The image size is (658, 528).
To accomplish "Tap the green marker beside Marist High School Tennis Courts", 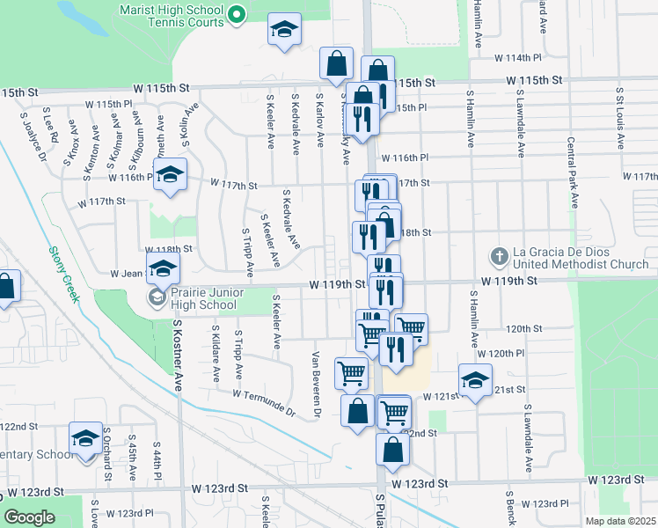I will point(236,15).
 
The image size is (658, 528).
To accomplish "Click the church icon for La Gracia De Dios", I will point(499,257).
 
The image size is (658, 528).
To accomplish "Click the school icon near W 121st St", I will point(475,379).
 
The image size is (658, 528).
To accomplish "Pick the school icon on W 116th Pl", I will point(171,172).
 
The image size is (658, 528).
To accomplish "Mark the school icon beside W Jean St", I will point(162,268).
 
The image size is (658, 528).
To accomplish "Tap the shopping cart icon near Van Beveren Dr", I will point(351,372).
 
